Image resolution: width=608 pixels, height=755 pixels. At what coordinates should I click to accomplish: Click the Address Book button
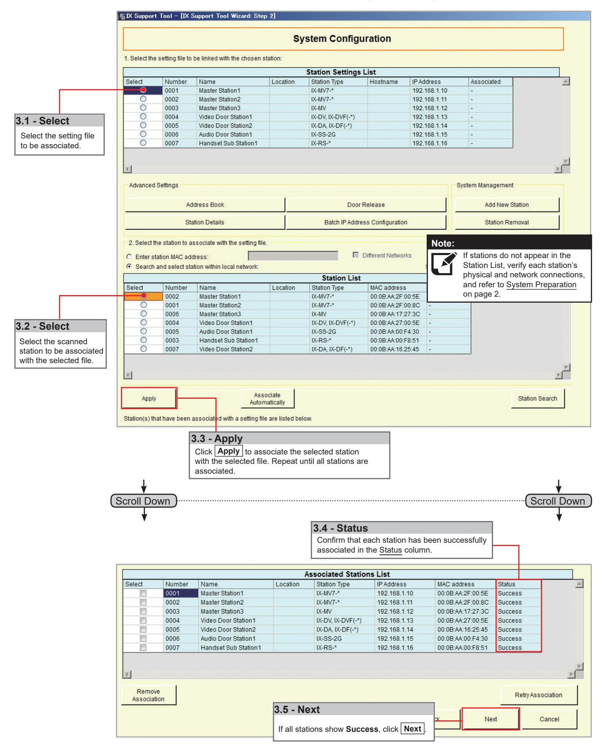tap(205, 205)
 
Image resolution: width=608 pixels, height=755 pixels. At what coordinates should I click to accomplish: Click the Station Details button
tap(205, 222)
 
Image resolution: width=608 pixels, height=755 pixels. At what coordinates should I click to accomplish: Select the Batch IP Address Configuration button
tap(366, 222)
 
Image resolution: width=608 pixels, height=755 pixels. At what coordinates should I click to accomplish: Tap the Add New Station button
tap(507, 205)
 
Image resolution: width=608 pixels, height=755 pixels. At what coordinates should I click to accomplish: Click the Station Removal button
tap(507, 222)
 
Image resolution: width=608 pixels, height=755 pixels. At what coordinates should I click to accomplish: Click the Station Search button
tap(538, 398)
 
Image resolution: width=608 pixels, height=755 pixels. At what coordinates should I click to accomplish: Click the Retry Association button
tap(539, 695)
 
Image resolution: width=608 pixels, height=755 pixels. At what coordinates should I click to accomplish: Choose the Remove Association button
tap(148, 695)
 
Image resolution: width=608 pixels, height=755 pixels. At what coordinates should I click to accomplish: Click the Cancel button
tap(549, 719)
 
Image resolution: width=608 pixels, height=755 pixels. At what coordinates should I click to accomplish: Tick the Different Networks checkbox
tap(355, 256)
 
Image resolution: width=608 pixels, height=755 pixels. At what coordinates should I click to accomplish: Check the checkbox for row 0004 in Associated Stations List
tap(143, 620)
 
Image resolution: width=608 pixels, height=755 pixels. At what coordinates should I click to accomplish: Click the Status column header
tap(507, 584)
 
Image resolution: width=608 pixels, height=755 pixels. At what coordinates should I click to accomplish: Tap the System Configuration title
tap(342, 39)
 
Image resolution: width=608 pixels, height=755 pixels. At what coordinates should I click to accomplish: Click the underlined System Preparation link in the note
tap(541, 285)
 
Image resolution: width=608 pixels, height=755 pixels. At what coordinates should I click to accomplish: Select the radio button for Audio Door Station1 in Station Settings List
tap(143, 134)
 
